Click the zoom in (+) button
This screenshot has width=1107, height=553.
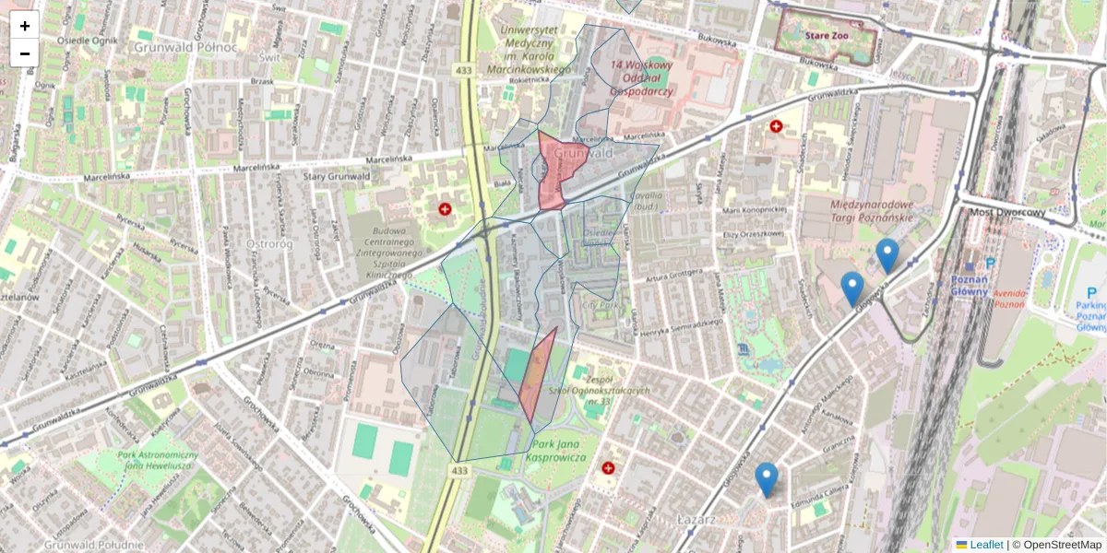(25, 26)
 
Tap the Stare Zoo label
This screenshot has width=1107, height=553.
(825, 37)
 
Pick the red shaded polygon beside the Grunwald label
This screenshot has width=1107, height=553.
(558, 171)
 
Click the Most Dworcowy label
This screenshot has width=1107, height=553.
(1007, 212)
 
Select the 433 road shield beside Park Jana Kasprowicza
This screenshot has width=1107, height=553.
(459, 471)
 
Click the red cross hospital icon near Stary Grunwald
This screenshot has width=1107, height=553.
(446, 210)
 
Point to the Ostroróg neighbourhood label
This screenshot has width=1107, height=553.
(270, 243)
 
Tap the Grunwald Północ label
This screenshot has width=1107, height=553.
(184, 46)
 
